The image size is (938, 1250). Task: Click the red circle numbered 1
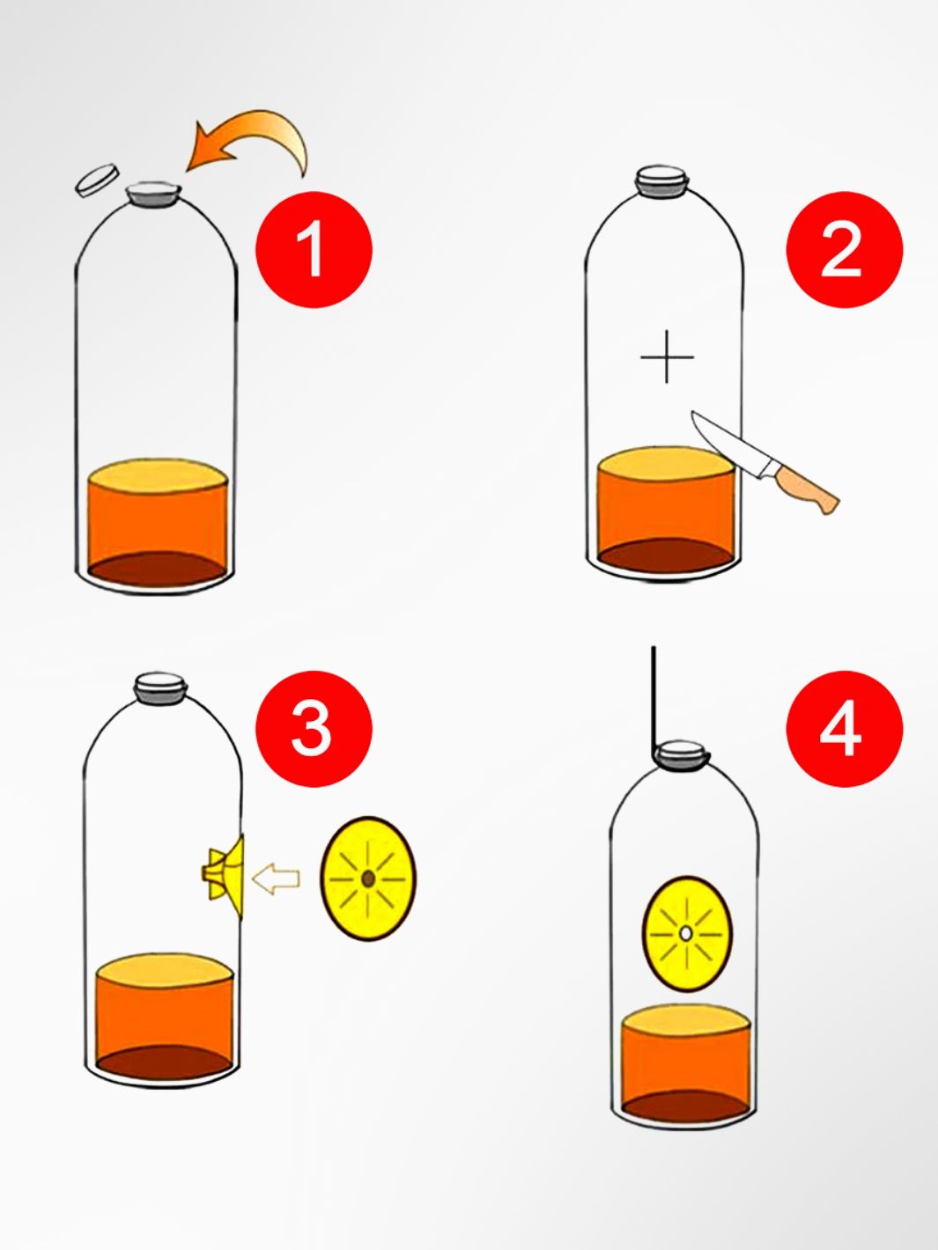pyautogui.click(x=314, y=249)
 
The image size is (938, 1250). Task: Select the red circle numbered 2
pyautogui.click(x=844, y=249)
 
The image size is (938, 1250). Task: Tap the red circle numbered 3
pyautogui.click(x=314, y=728)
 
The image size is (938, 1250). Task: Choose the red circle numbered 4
pyautogui.click(x=844, y=728)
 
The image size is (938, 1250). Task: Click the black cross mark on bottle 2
pyautogui.click(x=667, y=357)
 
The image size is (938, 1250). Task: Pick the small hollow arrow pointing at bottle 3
pyautogui.click(x=277, y=879)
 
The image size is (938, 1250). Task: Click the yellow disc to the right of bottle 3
pyautogui.click(x=368, y=879)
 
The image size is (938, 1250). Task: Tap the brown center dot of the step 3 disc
pyautogui.click(x=368, y=879)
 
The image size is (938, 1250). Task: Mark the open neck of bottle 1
pyautogui.click(x=154, y=192)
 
